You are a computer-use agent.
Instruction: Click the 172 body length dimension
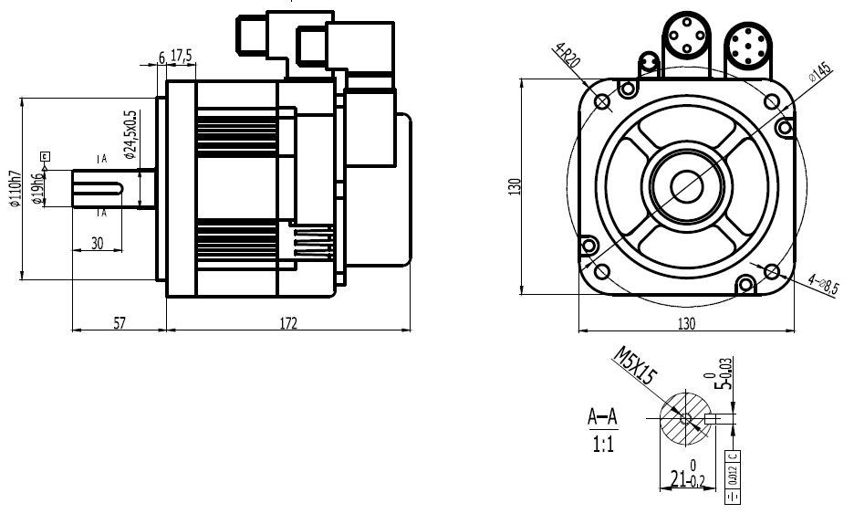click(289, 322)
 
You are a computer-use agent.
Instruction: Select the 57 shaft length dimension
click(119, 322)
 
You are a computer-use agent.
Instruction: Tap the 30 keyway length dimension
click(97, 243)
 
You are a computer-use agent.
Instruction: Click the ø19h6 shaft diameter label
click(37, 188)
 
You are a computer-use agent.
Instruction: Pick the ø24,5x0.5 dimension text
click(130, 135)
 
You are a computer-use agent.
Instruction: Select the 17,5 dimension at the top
click(181, 57)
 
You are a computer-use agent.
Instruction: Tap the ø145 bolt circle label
click(818, 74)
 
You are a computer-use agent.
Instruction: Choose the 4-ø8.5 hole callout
click(822, 285)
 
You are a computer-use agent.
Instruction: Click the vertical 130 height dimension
click(515, 186)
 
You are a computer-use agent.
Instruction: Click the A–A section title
click(602, 419)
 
